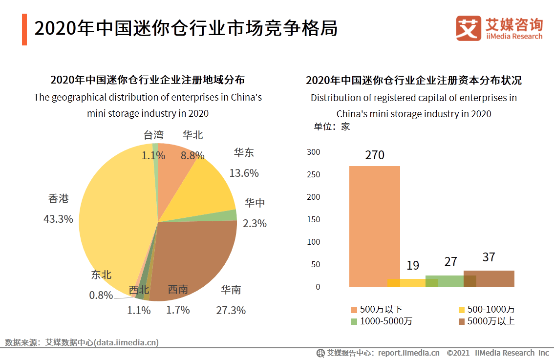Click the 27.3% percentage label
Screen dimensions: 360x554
[231, 310]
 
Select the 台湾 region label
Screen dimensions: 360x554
[153, 135]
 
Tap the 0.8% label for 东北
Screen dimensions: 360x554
[101, 295]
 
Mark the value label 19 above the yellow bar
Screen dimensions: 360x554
[413, 265]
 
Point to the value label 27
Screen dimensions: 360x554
[450, 261]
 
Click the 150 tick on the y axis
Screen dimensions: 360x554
[313, 219]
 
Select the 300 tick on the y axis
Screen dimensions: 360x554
[313, 152]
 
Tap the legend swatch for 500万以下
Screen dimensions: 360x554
[354, 310]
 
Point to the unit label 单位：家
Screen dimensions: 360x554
[332, 127]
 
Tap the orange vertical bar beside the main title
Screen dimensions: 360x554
[24, 30]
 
